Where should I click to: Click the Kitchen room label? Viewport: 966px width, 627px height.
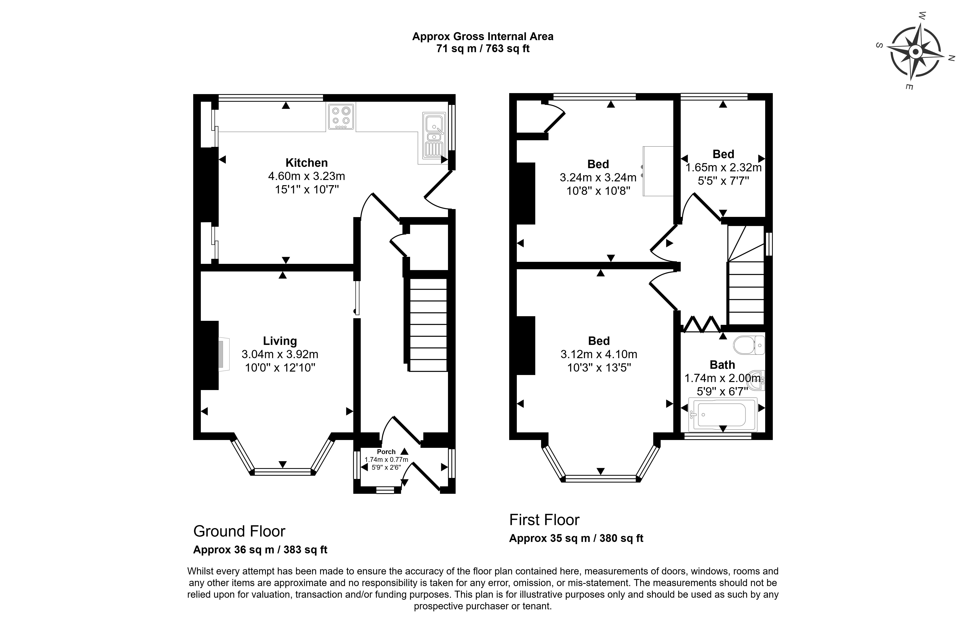[306, 163]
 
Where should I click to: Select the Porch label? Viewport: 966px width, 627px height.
[386, 452]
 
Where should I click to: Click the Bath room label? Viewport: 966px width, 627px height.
[722, 365]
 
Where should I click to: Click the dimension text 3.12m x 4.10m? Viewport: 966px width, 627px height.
[599, 354]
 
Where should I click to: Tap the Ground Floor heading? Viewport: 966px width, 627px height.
[239, 531]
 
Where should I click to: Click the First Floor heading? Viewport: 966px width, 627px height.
[544, 520]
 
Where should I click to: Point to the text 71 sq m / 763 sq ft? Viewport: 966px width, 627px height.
[482, 49]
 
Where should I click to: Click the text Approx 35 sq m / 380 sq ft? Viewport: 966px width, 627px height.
[576, 538]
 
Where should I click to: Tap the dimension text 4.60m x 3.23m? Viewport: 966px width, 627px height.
[306, 176]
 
